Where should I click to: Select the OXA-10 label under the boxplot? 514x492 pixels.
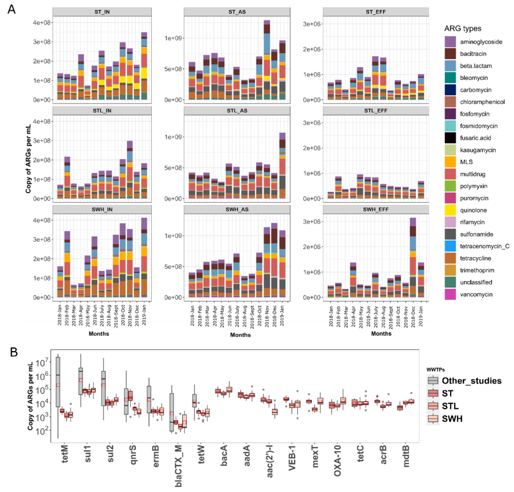[x=338, y=453]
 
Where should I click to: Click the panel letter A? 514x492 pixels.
[x=12, y=9]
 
